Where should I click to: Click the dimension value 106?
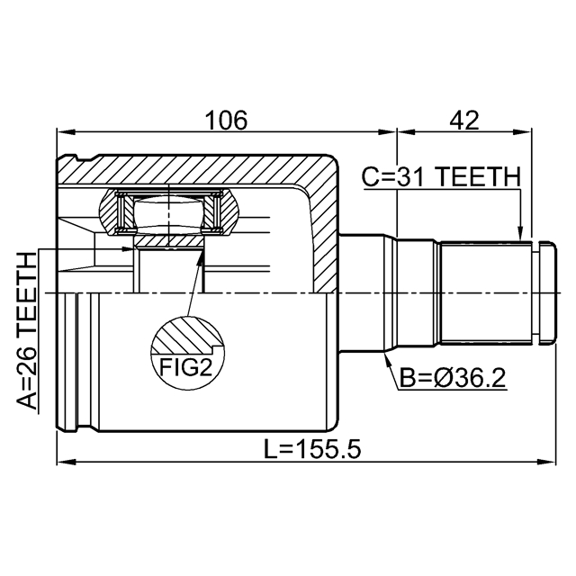[x=226, y=120]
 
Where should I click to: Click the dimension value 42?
[x=464, y=120]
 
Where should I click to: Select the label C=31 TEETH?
[x=440, y=177]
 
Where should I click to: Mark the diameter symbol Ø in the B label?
[x=436, y=378]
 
